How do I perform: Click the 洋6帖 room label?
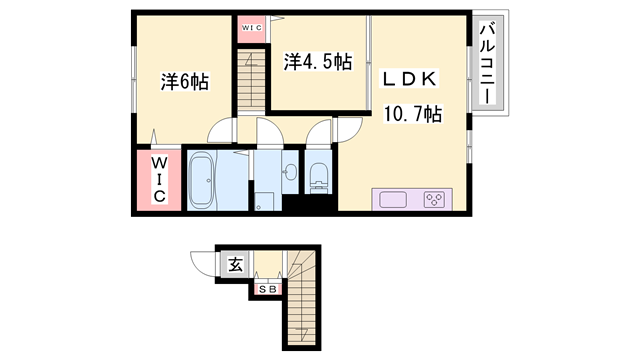[184, 82]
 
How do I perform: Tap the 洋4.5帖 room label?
[317, 62]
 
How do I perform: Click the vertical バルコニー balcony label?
[489, 66]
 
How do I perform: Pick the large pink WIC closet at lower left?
[159, 180]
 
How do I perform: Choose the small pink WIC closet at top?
[251, 27]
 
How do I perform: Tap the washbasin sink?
[290, 171]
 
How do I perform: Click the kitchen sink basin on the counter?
[393, 199]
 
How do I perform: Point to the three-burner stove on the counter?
[435, 199]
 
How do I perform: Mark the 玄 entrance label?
[235, 265]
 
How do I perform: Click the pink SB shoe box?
[269, 290]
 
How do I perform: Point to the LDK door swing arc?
[350, 130]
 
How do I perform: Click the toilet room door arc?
[319, 134]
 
